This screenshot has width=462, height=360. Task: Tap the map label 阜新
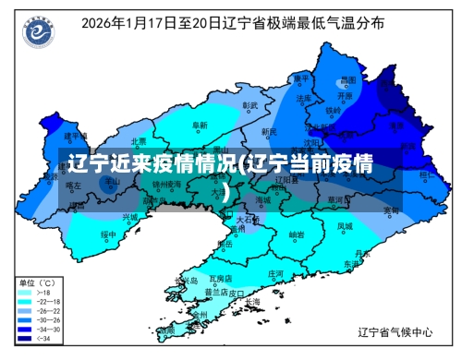199,125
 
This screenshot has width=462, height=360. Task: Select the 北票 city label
139,141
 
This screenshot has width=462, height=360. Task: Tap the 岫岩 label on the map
297,235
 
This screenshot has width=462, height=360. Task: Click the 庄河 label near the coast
275,274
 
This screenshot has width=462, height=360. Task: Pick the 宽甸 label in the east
392,210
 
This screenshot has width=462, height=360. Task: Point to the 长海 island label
252,302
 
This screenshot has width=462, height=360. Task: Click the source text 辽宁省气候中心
396,330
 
